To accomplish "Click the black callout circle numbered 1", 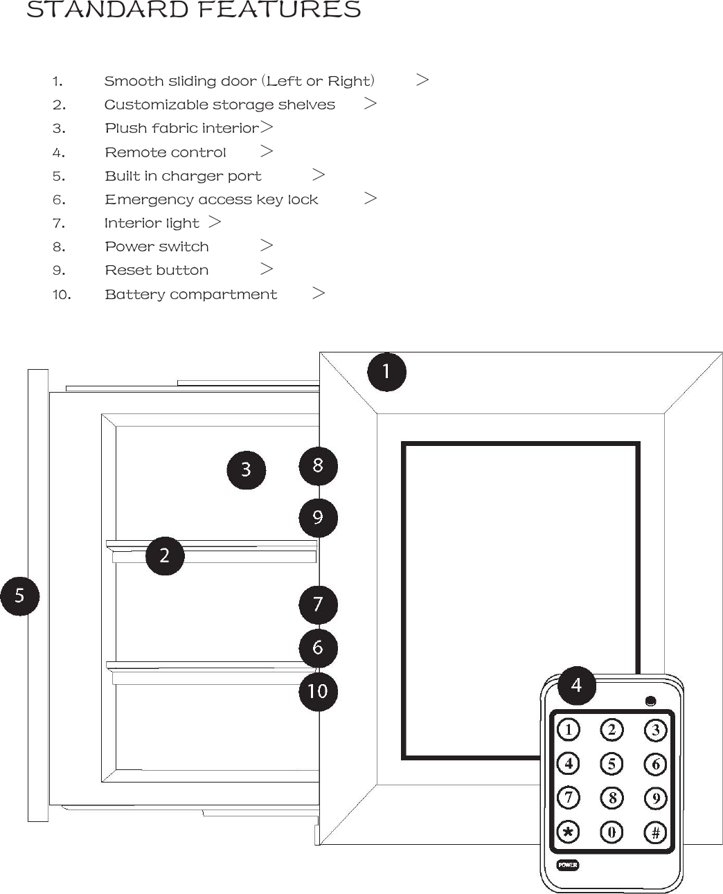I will point(386,372).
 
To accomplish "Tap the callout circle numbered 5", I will point(19,596).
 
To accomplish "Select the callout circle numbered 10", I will point(318,691).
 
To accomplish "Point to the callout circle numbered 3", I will point(246,470).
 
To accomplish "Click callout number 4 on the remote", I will point(576,685).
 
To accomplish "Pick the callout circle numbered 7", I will point(318,605).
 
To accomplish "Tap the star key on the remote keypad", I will point(569,832).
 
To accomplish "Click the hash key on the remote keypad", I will point(655,832).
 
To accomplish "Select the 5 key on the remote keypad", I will point(612,764).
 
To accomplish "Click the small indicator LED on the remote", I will point(650,701).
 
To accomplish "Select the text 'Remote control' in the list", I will point(166,152).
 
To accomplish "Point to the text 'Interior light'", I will point(152,223).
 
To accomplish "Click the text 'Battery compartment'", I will point(190,294).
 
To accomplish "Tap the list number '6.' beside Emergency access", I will point(59,200).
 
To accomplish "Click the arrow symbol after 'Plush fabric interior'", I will point(267,127).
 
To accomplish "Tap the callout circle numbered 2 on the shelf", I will point(165,555).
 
